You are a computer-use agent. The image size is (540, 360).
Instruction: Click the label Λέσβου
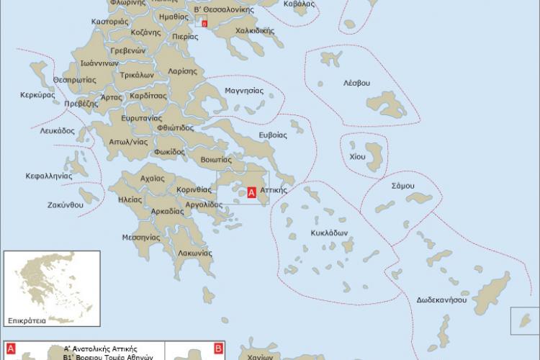click(356, 83)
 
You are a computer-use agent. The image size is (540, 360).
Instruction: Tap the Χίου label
click(357, 156)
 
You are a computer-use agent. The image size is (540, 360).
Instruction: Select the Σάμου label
click(402, 185)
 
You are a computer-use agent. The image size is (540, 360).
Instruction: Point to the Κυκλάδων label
click(330, 233)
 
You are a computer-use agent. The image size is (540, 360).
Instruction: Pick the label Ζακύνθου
click(66, 204)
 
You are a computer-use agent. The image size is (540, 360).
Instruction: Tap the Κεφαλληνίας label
click(49, 175)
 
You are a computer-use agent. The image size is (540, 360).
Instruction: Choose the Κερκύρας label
click(38, 94)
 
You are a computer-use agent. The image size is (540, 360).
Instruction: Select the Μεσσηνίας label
click(140, 236)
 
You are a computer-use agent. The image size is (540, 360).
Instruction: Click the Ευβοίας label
click(273, 135)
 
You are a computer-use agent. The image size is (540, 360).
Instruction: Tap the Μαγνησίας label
click(244, 91)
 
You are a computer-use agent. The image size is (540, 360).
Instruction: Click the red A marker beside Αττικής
click(251, 192)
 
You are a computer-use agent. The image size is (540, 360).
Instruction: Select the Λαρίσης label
click(183, 71)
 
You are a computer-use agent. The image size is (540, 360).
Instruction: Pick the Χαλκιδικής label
click(255, 31)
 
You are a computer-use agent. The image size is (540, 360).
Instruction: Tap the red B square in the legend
click(219, 348)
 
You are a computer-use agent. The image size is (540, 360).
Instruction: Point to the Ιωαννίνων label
click(79, 63)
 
